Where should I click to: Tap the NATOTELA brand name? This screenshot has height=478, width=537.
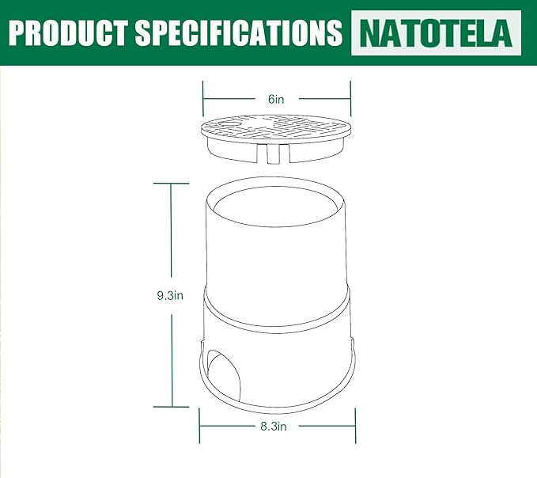tap(436, 32)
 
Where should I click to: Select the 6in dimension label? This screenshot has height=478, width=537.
tap(276, 99)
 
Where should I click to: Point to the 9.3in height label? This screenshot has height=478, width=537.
tap(170, 295)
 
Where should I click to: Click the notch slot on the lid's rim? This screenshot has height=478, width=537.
tap(273, 154)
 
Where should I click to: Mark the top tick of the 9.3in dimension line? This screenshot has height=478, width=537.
tap(172, 183)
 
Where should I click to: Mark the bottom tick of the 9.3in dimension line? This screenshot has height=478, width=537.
tap(172, 406)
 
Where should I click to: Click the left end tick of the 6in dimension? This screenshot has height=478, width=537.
tap(203, 99)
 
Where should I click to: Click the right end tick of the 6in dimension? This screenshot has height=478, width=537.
tap(350, 99)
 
